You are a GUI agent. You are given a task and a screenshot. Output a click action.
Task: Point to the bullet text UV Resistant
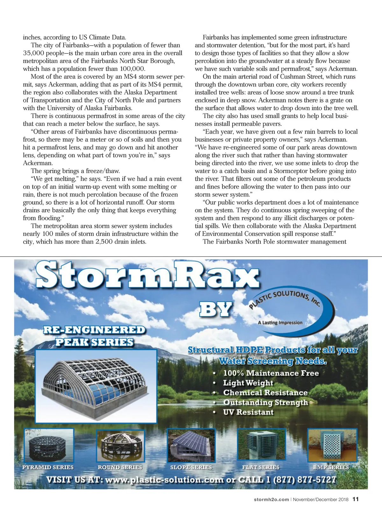(248, 412)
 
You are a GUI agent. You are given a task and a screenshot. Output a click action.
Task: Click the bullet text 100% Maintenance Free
(271, 373)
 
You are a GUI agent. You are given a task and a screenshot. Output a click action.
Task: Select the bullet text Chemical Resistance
(265, 392)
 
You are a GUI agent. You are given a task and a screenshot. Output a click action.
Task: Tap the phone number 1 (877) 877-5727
(299, 479)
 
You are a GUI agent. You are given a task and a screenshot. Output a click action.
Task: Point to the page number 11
(356, 499)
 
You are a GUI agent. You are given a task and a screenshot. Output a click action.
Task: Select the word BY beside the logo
(216, 309)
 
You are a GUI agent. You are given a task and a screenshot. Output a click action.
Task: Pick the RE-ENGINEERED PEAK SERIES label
(94, 336)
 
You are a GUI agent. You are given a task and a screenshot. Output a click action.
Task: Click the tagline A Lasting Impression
(280, 322)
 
